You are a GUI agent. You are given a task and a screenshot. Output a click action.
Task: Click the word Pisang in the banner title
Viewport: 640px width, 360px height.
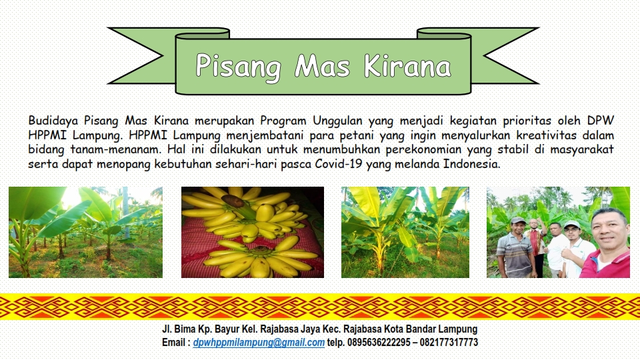[239, 67]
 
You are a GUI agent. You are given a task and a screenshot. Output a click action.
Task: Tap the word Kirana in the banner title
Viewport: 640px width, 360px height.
[407, 65]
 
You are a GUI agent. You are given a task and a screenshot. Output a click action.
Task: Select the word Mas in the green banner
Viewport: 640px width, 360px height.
[323, 66]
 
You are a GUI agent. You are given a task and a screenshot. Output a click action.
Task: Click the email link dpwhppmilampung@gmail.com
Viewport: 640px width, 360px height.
[259, 343]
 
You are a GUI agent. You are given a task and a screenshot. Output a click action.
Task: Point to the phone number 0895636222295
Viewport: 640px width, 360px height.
[379, 342]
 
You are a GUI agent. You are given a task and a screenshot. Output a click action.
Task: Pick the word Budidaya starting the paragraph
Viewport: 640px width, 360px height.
[53, 121]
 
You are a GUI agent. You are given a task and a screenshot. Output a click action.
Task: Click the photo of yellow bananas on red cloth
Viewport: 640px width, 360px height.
[253, 232]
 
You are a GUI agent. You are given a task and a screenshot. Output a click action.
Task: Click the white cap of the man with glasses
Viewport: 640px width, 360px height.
[572, 224]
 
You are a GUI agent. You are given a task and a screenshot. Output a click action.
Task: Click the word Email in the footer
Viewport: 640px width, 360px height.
[174, 342]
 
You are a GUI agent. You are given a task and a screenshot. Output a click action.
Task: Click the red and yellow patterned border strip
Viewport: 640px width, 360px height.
[320, 307]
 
